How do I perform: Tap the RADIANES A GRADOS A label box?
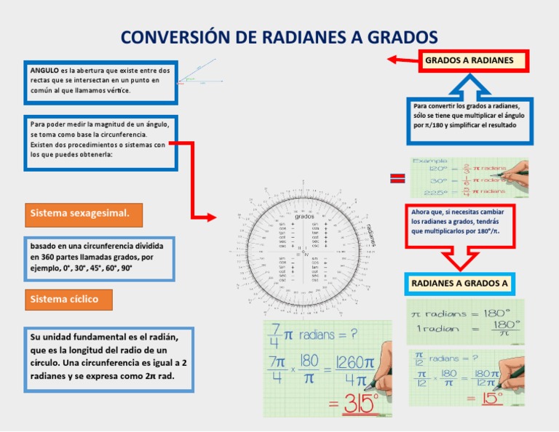point(459,282)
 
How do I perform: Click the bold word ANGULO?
point(44,71)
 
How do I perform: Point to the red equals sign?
point(397,178)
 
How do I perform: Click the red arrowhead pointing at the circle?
point(211,217)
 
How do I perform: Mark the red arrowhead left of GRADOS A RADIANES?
point(393,60)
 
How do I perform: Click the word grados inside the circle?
point(304,217)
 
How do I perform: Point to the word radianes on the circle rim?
point(372,234)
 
